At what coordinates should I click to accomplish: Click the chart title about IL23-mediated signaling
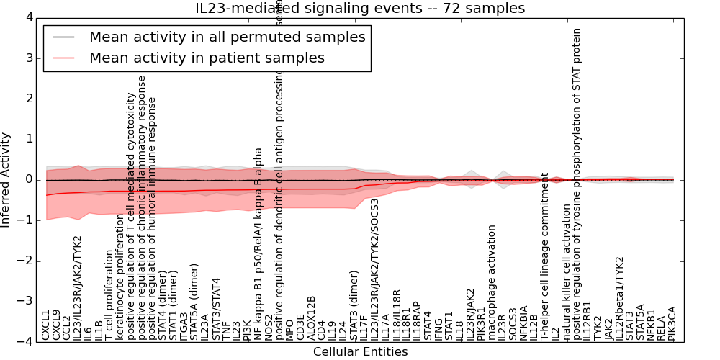(x=360, y=9)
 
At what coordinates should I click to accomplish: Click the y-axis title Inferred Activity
(x=6, y=179)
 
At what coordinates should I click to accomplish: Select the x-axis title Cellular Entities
(x=360, y=352)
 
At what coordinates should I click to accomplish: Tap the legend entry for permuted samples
(x=227, y=37)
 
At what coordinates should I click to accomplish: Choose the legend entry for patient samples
(x=207, y=58)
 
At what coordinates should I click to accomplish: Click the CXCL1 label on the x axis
(x=46, y=325)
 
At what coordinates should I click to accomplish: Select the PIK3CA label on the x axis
(x=672, y=322)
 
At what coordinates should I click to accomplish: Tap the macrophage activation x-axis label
(x=492, y=282)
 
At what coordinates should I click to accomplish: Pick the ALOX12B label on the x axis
(x=311, y=318)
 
